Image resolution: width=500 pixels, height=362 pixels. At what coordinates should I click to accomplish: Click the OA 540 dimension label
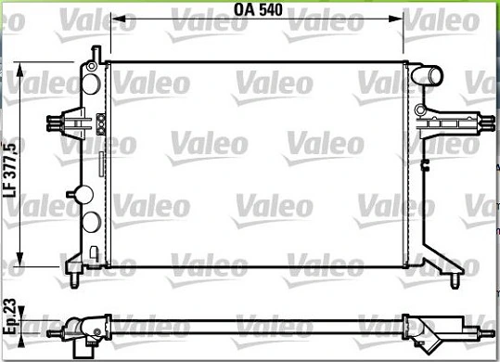(258, 9)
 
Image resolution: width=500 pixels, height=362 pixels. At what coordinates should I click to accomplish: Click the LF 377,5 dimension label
(9, 170)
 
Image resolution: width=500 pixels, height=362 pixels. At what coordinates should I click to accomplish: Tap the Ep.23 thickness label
(9, 317)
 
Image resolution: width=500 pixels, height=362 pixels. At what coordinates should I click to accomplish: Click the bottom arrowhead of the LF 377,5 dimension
(20, 257)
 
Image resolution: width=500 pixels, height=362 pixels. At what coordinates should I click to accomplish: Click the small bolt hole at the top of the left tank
(92, 66)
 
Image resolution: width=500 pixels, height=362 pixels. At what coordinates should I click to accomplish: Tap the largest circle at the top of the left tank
(91, 84)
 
